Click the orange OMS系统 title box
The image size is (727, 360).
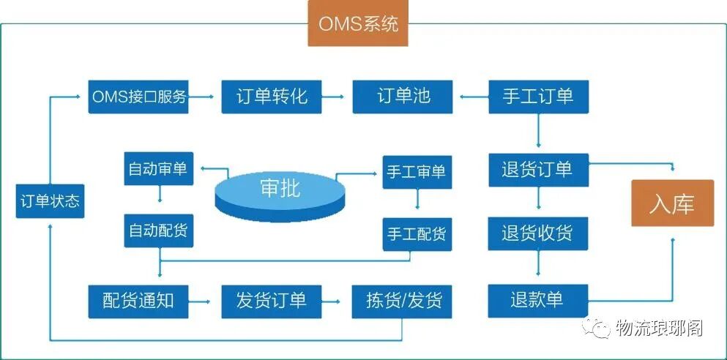point(358,24)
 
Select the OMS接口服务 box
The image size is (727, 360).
point(138,97)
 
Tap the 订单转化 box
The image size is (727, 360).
point(272,97)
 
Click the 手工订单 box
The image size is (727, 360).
point(538,96)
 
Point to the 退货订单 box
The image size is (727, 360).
point(538,169)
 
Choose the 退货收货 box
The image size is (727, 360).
point(538,233)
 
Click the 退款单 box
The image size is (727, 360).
point(538,300)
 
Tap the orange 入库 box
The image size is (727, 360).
point(672,204)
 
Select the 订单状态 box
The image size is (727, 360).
point(50,201)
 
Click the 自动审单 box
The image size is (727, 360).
point(158,169)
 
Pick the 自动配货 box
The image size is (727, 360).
point(158,230)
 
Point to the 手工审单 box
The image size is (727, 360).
point(416,172)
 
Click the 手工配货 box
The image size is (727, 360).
point(416,235)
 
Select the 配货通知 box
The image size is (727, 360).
point(138,300)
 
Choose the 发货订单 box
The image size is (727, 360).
point(272,300)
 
